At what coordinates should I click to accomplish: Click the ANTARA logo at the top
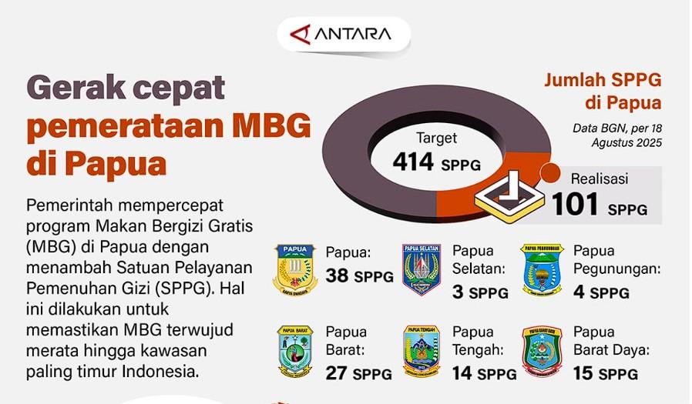[x=342, y=35]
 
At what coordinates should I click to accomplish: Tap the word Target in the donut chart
[x=437, y=139]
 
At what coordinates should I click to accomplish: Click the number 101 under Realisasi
[x=575, y=205]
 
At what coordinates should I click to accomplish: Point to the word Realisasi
[x=599, y=179]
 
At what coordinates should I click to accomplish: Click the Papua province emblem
[x=294, y=270]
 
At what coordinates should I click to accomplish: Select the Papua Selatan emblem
[x=422, y=270]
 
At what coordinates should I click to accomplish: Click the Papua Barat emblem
[x=294, y=352]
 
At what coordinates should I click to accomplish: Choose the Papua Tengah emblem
[x=422, y=352]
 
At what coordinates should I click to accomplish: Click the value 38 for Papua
[x=338, y=275]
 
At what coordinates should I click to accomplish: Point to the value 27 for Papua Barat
[x=338, y=373]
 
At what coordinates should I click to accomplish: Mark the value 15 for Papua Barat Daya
[x=583, y=373]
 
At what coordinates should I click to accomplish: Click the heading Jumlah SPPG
[x=603, y=80]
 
